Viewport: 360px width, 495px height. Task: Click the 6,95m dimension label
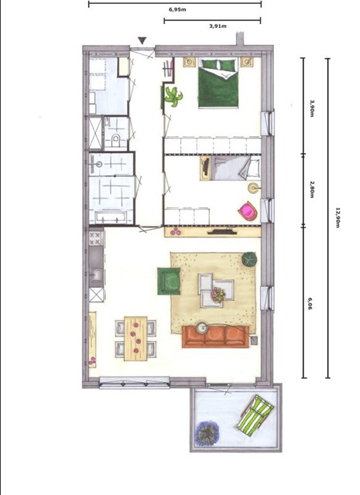click(177, 10)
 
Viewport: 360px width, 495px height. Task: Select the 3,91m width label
click(218, 26)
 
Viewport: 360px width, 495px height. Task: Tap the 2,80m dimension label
click(311, 189)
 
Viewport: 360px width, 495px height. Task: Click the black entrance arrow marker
click(141, 41)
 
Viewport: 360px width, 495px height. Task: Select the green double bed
click(221, 84)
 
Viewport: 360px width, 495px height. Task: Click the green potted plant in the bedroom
click(172, 97)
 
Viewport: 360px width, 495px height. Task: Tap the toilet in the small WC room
click(115, 140)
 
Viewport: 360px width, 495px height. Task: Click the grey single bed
click(231, 168)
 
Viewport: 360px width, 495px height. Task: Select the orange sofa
click(215, 336)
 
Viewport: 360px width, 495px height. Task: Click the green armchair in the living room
click(169, 281)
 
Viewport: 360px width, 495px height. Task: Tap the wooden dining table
click(136, 338)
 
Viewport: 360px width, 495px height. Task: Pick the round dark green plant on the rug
click(249, 259)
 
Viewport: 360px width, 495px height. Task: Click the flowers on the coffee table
click(218, 294)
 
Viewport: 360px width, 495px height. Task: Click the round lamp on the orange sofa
click(201, 328)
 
